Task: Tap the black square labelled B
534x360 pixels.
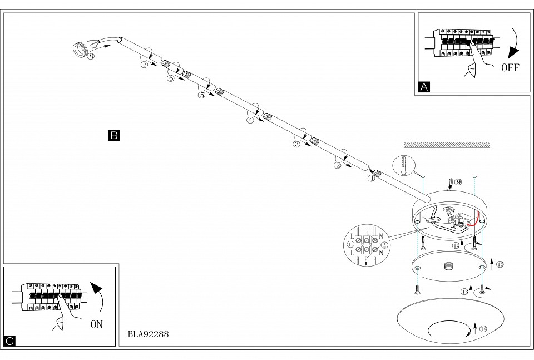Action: [113, 135]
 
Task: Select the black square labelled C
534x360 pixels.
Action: [9, 341]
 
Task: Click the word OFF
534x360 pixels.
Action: [510, 68]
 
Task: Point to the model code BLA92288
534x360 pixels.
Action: [148, 334]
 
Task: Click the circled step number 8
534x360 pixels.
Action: [91, 56]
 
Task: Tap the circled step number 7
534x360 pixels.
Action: [145, 65]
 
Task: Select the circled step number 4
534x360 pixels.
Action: [250, 120]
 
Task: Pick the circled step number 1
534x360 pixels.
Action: [371, 179]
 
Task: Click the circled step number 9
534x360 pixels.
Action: [458, 182]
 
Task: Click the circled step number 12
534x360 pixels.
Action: [500, 264]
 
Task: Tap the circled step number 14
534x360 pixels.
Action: [483, 329]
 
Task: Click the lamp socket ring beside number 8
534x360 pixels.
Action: [80, 49]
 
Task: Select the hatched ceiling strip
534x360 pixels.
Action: [447, 145]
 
